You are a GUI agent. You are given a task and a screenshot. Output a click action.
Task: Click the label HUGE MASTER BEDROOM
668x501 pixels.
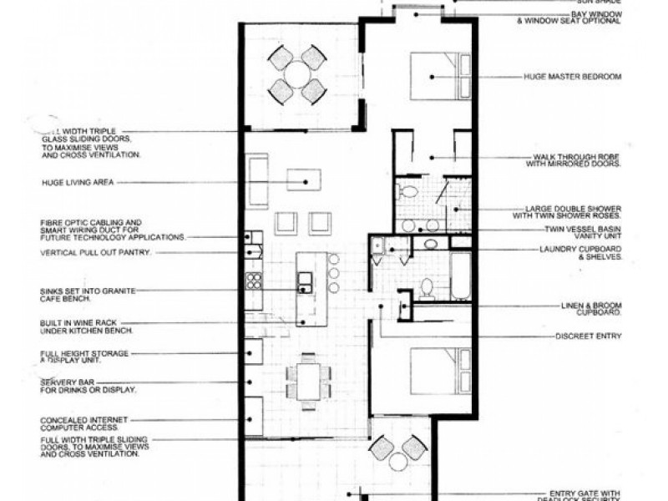tap(572, 77)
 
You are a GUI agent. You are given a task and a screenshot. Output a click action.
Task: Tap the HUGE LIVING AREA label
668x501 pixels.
tap(78, 181)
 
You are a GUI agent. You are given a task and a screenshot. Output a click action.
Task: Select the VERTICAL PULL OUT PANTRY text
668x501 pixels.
tap(95, 252)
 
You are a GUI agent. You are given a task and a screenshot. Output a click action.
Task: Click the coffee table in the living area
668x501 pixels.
tap(305, 179)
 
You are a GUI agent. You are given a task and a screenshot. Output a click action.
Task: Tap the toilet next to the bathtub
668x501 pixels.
tap(426, 288)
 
